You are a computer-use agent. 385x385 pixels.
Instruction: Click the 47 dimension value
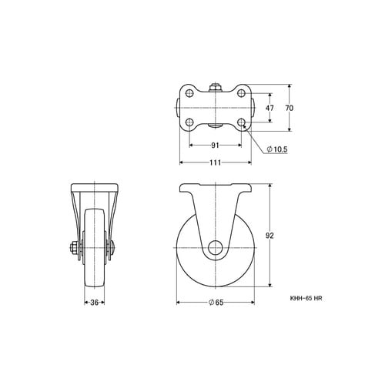[269, 108]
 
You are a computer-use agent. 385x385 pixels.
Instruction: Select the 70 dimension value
[290, 108]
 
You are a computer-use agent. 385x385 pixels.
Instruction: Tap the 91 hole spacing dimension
[215, 146]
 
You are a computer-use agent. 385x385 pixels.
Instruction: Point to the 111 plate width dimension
[215, 162]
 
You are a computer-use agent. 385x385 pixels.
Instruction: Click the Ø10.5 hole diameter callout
[277, 149]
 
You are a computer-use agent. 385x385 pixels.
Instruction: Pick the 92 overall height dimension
[269, 236]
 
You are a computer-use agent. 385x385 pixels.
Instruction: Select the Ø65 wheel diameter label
[216, 303]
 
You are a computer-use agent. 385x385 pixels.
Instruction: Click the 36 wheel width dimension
[95, 303]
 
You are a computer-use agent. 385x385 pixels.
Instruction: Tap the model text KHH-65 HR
[306, 298]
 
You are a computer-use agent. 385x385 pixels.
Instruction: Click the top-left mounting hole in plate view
[189, 93]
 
